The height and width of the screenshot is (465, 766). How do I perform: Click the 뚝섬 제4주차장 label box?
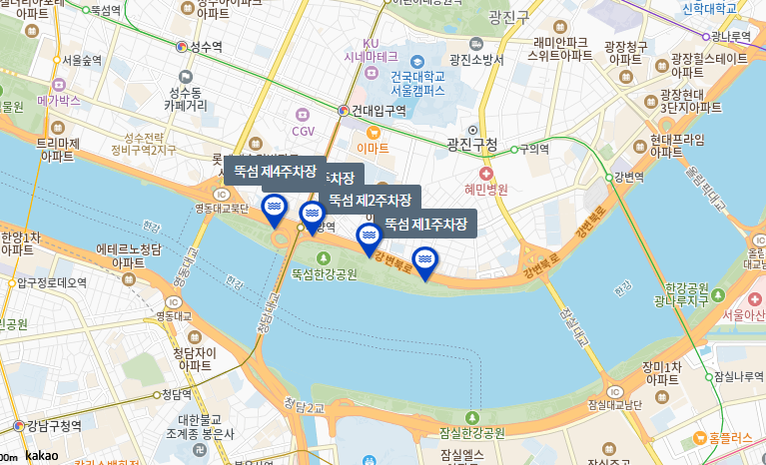(275, 171)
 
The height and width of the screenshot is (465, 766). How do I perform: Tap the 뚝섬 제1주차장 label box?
(425, 224)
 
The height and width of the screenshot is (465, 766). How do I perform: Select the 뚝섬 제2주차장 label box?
(369, 200)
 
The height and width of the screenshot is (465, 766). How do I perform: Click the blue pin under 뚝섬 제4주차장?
(273, 209)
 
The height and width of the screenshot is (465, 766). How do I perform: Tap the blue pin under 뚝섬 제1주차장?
(424, 261)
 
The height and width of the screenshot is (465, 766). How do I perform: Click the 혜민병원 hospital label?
(486, 189)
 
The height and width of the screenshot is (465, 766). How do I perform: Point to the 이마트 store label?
(373, 148)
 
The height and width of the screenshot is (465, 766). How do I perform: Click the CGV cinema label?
(303, 131)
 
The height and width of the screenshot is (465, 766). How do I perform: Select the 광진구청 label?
(472, 144)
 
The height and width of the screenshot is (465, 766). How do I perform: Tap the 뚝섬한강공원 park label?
(324, 272)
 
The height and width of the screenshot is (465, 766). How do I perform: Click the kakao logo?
(42, 455)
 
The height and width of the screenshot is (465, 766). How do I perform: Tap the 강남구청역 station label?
(54, 426)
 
